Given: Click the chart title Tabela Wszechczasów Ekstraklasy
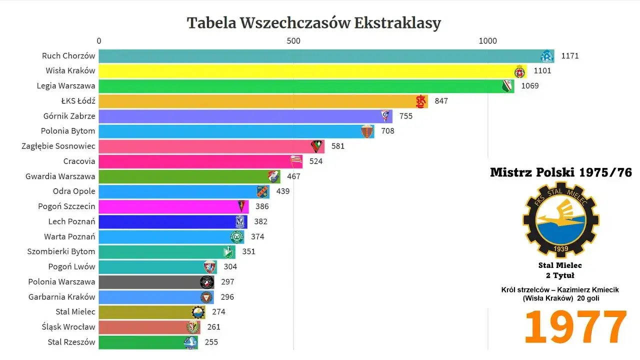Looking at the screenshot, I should tap(313, 23).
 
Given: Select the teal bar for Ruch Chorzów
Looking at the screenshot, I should tap(320, 56).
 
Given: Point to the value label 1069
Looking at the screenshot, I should tap(530, 86).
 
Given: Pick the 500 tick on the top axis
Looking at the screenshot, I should tap(293, 40).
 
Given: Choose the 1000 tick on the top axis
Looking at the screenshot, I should tap(487, 40).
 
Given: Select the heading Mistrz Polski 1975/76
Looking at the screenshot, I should tap(560, 172).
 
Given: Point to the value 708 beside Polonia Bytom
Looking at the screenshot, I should tap(387, 131).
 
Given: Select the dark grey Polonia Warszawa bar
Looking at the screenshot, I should tap(150, 282).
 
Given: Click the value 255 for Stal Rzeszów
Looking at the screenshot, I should tap(211, 342).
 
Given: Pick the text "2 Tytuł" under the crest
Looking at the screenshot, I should tap(560, 275).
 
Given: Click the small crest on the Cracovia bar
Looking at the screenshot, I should tap(296, 161).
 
